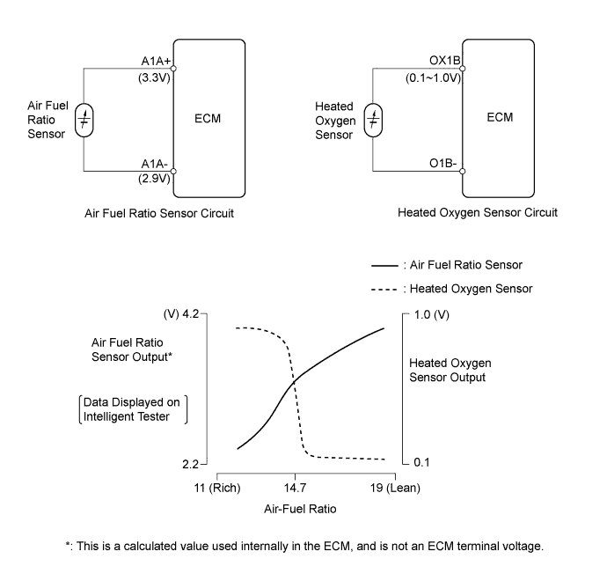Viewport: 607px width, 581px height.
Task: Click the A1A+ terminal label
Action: click(156, 62)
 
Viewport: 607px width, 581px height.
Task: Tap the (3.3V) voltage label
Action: click(154, 77)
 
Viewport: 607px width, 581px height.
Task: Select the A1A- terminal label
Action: click(154, 164)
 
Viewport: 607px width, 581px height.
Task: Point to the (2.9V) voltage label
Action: click(154, 178)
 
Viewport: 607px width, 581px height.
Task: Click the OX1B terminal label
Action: click(445, 61)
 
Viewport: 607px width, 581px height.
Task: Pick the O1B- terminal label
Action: click(442, 163)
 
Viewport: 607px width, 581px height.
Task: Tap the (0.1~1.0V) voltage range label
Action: click(433, 77)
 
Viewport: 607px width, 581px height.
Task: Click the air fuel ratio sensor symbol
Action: click(84, 120)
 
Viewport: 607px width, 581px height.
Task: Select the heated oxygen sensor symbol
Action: click(373, 120)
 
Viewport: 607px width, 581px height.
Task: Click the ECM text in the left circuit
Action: click(208, 119)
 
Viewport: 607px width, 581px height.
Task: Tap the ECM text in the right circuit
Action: click(500, 117)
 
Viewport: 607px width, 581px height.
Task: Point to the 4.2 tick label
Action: click(191, 313)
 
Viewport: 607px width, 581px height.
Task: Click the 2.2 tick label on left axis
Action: click(191, 464)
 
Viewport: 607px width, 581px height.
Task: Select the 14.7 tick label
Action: click(295, 488)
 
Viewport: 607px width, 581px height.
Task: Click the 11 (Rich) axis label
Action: click(217, 488)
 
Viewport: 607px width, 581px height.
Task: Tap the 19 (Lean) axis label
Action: click(395, 488)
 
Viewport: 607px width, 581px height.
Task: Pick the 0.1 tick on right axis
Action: click(421, 462)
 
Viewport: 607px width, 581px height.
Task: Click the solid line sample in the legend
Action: click(384, 266)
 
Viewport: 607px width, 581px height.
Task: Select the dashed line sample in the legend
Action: click(384, 290)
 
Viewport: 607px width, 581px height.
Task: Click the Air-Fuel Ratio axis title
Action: click(300, 509)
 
